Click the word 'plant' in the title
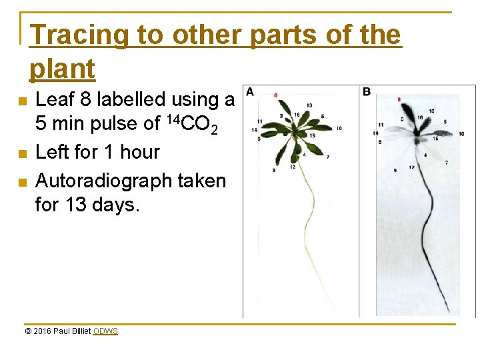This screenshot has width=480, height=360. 62,69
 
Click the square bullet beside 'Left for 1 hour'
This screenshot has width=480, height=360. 23,153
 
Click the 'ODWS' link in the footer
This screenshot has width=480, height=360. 105,331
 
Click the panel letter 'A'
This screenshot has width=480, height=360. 249,91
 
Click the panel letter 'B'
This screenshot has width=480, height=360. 366,91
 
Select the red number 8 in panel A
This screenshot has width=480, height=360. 276,95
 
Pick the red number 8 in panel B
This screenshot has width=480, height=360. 399,99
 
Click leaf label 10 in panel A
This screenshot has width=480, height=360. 339,127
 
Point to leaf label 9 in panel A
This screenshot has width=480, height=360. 273,171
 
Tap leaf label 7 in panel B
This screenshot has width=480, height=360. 445,163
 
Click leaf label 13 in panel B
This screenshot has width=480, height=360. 432,110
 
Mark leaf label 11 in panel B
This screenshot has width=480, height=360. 381,124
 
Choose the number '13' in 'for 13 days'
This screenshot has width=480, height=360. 77,205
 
